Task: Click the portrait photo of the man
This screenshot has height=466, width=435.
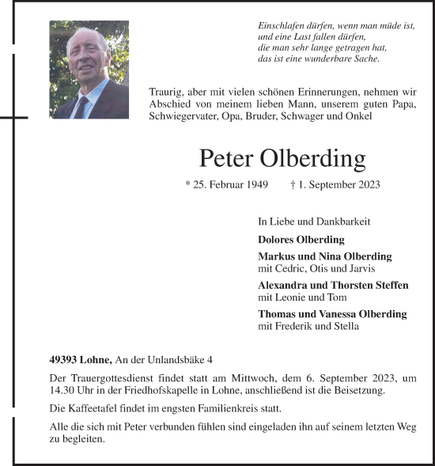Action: [89, 70]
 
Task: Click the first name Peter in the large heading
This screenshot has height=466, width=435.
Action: [226, 158]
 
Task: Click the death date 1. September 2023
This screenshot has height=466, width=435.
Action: [340, 185]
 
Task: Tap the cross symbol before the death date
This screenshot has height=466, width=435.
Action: [293, 185]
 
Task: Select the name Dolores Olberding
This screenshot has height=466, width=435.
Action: [301, 239]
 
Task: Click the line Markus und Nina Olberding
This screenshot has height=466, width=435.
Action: [324, 256]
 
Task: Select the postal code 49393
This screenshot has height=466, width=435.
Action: [63, 360]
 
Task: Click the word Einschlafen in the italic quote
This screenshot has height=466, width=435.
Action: [284, 26]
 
